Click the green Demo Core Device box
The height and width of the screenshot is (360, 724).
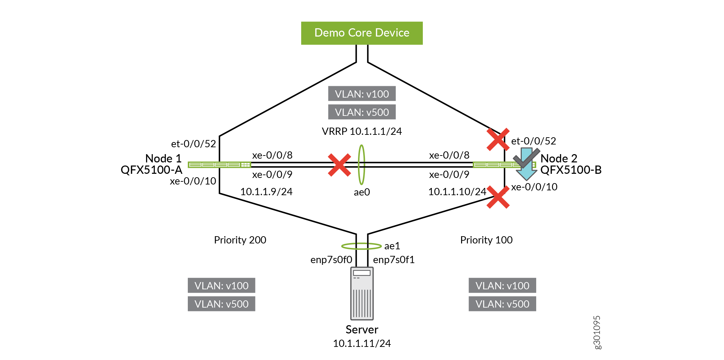[x=362, y=33]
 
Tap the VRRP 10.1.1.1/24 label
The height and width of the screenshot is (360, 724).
[x=362, y=131]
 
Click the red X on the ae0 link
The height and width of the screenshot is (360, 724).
[x=339, y=165]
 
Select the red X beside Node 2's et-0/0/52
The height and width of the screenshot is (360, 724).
[x=498, y=139]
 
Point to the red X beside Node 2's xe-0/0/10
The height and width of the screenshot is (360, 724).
[x=498, y=197]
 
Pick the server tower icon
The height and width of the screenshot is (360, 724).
[x=362, y=293]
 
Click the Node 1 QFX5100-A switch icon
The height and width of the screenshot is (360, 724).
[x=219, y=165]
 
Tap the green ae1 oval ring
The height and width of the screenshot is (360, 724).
[x=361, y=246]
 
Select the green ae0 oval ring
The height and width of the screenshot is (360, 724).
[x=361, y=165]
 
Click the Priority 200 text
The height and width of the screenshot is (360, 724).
[x=240, y=240]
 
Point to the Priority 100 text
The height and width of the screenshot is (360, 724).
[x=486, y=240]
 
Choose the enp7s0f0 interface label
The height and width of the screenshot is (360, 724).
[x=331, y=260]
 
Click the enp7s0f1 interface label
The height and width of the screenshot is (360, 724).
[x=394, y=260]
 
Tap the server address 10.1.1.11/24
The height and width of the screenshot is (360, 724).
[x=362, y=343]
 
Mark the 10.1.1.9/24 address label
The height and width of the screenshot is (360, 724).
[x=266, y=192]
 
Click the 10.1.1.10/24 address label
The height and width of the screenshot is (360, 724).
[x=457, y=192]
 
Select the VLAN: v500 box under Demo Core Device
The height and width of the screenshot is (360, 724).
[x=362, y=112]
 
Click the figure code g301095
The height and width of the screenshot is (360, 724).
[x=597, y=332]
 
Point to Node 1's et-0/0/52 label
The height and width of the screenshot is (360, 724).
[x=193, y=144]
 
